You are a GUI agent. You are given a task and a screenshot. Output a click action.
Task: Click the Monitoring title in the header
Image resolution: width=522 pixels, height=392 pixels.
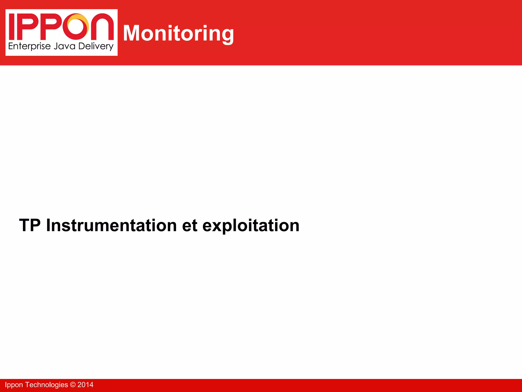click(x=178, y=33)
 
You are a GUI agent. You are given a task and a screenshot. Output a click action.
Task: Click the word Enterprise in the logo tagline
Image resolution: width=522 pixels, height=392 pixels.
click(x=29, y=46)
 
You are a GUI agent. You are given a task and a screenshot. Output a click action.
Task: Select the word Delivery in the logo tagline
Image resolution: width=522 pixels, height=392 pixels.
click(x=96, y=46)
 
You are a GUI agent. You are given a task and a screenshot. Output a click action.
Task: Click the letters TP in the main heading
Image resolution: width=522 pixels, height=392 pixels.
click(x=30, y=225)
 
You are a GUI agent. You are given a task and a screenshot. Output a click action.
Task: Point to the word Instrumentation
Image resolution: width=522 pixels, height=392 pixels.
click(x=111, y=225)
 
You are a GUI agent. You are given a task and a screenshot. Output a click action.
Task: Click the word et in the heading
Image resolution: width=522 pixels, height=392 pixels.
click(x=190, y=225)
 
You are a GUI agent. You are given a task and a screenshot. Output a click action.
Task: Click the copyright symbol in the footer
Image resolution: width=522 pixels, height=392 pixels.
click(x=73, y=385)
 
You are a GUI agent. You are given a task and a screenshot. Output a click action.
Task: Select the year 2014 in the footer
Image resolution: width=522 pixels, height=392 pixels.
click(x=85, y=385)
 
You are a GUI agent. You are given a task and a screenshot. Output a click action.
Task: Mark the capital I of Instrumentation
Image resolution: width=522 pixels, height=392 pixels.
click(x=48, y=225)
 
